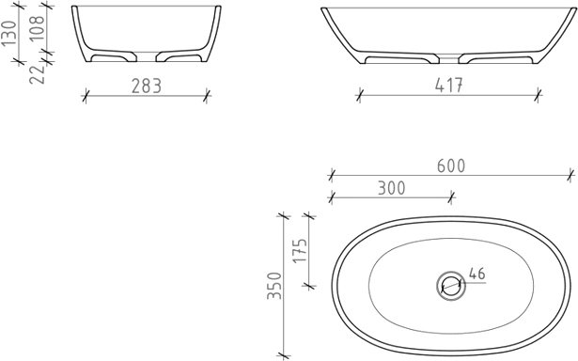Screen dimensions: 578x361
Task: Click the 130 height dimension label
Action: click(x=9, y=34)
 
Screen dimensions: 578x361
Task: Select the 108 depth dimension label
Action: click(x=37, y=27)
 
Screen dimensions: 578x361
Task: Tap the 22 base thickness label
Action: click(x=37, y=74)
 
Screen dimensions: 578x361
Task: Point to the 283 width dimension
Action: click(x=147, y=86)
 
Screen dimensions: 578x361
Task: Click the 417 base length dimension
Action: click(x=448, y=86)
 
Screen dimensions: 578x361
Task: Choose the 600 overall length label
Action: click(x=451, y=166)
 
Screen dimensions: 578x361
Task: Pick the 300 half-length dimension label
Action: click(x=392, y=188)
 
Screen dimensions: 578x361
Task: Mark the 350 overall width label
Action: click(x=274, y=286)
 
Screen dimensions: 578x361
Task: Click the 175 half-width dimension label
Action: click(x=300, y=251)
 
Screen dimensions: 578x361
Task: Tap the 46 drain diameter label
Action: click(x=477, y=274)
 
